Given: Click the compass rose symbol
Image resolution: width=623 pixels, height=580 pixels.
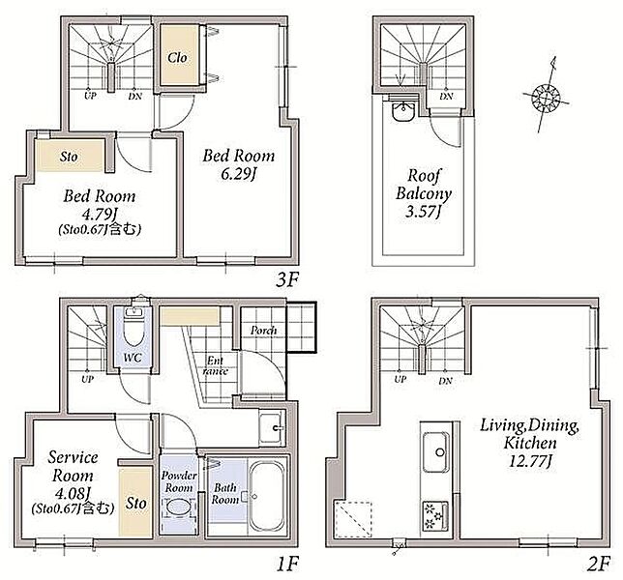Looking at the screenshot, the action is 546,96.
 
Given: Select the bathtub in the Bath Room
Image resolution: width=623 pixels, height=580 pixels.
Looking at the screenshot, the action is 267,496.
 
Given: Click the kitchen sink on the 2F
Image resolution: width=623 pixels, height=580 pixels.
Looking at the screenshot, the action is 436,451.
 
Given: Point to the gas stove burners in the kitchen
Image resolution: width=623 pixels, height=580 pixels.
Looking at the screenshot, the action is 435,516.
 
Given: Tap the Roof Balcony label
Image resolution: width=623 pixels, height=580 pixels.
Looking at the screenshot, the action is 424,193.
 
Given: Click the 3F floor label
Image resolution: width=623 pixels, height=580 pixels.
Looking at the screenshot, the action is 287,280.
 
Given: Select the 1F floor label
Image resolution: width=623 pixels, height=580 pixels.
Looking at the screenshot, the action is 287,564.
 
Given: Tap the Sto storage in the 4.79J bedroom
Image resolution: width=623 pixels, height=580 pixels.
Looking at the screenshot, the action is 70,156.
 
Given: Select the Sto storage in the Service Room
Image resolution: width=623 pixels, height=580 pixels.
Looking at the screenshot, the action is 135,503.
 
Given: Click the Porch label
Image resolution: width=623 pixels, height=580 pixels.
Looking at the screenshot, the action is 263,331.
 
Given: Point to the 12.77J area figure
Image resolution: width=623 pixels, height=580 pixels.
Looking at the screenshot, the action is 530,461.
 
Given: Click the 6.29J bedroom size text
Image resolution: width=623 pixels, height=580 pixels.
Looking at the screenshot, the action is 238,174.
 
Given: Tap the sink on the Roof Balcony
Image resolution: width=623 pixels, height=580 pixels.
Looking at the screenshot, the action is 403,109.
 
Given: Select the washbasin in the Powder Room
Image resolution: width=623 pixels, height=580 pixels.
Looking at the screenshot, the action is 178,507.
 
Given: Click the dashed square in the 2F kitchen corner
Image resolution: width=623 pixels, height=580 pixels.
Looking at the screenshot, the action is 354,520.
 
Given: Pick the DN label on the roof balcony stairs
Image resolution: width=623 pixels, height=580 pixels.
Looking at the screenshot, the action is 446,96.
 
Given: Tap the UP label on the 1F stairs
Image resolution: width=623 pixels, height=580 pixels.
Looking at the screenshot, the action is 87,379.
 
